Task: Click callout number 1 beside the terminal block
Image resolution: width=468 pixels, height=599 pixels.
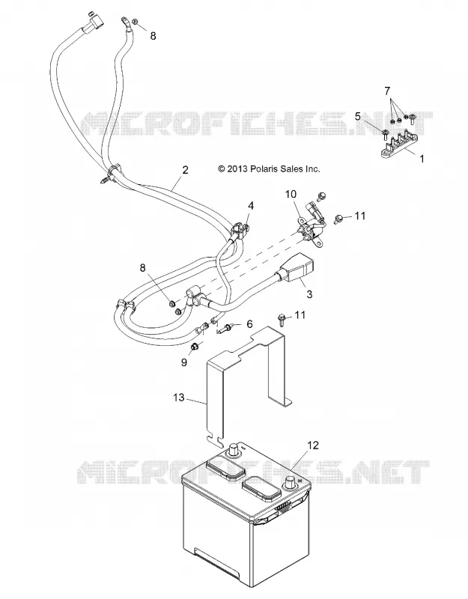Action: [x=422, y=158]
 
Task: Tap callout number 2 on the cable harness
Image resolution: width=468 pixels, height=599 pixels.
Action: [x=185, y=170]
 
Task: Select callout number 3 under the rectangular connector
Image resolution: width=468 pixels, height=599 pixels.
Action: [x=309, y=294]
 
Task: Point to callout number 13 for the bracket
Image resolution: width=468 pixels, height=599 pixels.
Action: [x=179, y=398]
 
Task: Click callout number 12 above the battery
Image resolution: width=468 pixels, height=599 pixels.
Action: [x=313, y=445]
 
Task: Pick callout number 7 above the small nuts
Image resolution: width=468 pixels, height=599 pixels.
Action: [x=387, y=91]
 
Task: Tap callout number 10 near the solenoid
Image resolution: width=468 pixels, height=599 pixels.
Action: [x=291, y=194]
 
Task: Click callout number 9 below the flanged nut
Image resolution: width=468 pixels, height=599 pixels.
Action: [x=183, y=362]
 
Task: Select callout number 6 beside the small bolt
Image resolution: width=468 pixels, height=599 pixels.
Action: [x=249, y=324]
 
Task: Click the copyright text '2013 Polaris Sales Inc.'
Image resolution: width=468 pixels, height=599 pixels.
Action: [x=273, y=168]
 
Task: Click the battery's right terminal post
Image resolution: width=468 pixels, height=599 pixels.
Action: [x=289, y=484]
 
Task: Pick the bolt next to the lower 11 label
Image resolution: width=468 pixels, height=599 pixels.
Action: [x=282, y=319]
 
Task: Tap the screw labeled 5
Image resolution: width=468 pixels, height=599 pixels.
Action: [x=385, y=134]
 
